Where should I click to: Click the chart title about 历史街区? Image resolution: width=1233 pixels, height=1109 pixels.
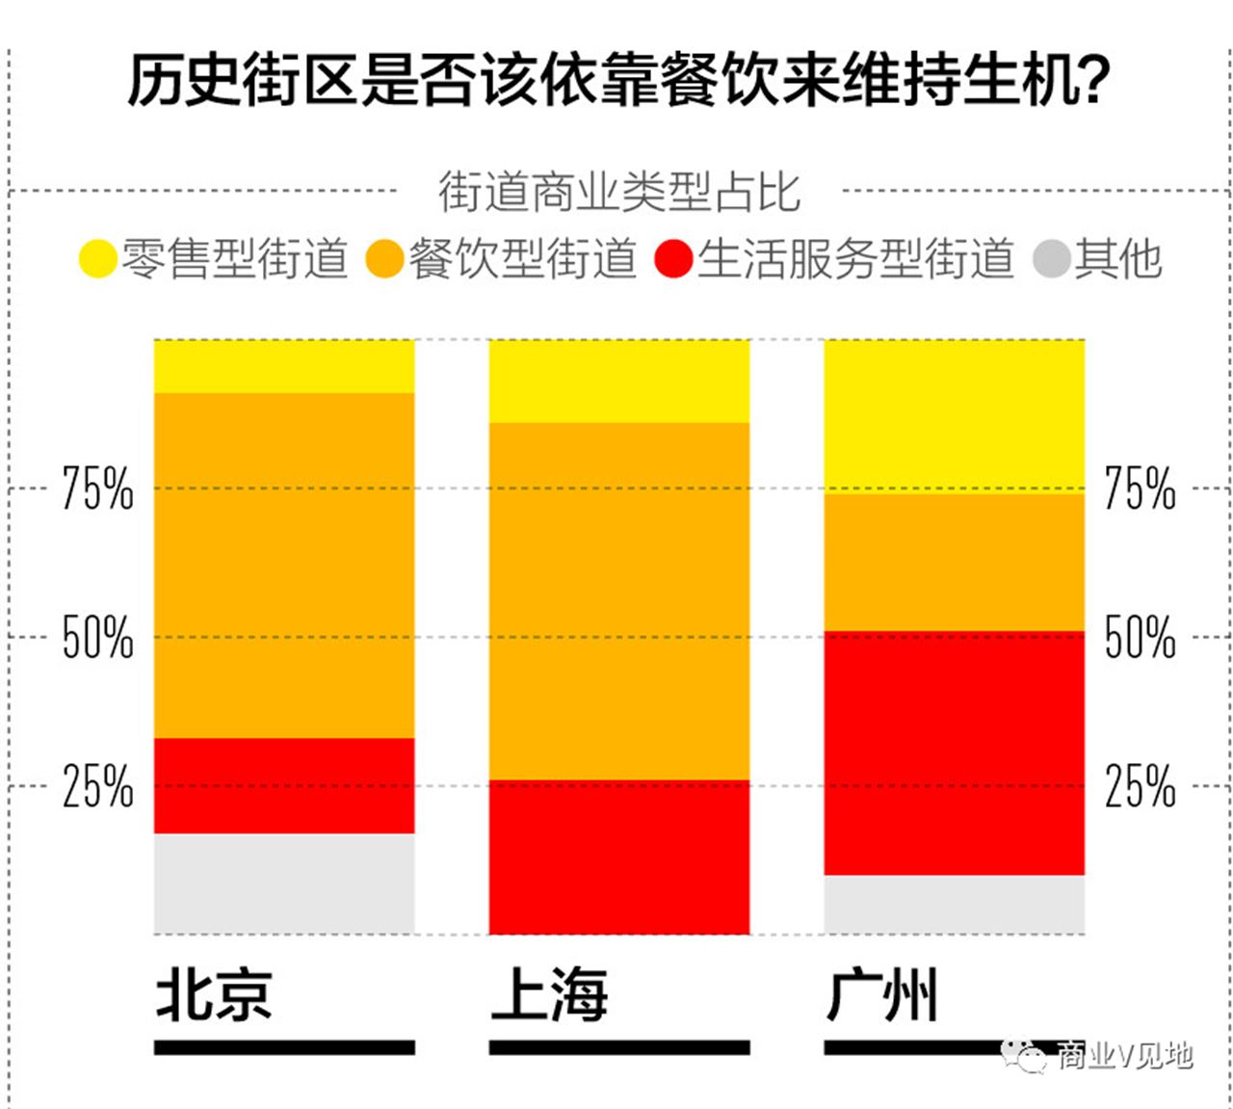tap(618, 79)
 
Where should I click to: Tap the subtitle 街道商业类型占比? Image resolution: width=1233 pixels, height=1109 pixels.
tap(618, 192)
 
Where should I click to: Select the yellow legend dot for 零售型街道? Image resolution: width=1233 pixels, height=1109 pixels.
tap(97, 259)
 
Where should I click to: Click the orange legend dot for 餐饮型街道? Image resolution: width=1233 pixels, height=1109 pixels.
tap(384, 259)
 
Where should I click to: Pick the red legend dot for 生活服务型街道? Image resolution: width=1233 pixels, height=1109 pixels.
tap(673, 259)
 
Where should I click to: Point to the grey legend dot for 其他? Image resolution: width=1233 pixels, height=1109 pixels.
tap(1052, 259)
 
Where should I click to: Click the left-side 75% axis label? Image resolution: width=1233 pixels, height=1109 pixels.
tap(97, 488)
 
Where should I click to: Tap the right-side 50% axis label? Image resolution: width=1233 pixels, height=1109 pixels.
tap(1140, 637)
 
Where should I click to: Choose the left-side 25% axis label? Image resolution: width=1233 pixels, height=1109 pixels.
tap(97, 786)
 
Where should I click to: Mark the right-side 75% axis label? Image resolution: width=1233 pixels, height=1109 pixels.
tap(1140, 488)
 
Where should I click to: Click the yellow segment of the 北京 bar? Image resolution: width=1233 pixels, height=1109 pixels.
tap(284, 366)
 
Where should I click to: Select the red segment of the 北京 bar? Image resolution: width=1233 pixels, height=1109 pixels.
tap(284, 785)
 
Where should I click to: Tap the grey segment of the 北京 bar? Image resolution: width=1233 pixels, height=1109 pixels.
tap(284, 883)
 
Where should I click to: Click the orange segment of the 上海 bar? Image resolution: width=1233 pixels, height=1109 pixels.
tap(618, 600)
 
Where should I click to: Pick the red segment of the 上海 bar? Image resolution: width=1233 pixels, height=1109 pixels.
tap(618, 857)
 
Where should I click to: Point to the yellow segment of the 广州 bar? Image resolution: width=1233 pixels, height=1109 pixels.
tap(954, 415)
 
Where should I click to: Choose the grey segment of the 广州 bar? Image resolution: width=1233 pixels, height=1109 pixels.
tap(954, 904)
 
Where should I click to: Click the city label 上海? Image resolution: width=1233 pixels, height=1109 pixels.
tap(549, 995)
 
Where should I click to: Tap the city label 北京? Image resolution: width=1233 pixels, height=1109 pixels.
tap(214, 995)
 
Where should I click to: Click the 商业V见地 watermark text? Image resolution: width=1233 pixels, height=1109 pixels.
tap(1123, 1056)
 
